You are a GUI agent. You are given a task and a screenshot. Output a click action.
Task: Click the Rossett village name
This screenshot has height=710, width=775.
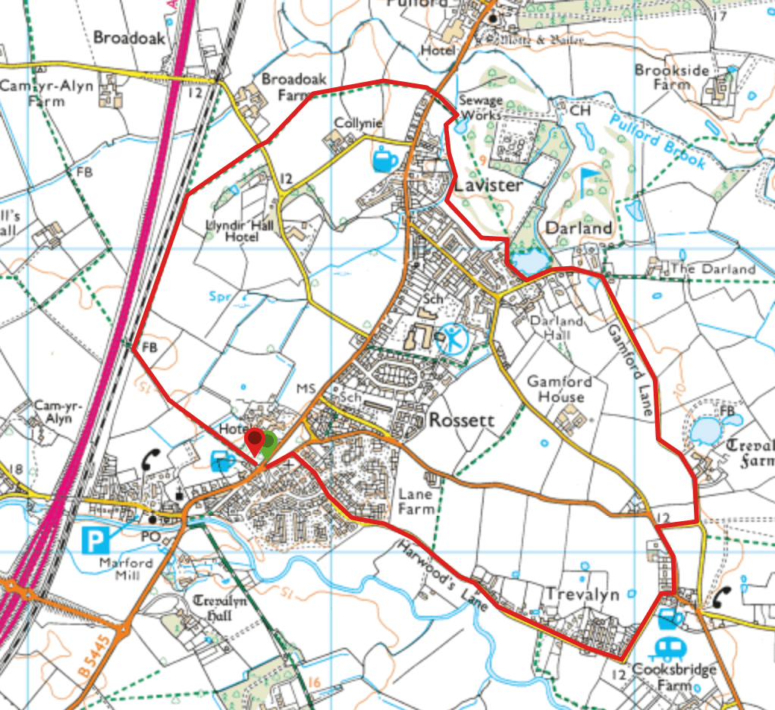click(x=461, y=420)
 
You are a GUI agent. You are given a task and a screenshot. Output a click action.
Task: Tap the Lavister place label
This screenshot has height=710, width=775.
click(x=488, y=186)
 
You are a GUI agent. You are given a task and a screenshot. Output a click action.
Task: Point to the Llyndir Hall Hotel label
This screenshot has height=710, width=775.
click(x=232, y=231)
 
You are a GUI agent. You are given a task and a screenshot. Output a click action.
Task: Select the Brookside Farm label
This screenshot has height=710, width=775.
click(x=672, y=77)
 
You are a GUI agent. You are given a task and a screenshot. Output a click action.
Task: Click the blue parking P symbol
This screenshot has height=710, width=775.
click(x=95, y=541)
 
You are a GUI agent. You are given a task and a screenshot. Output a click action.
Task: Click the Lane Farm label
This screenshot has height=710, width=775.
click(x=416, y=501)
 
